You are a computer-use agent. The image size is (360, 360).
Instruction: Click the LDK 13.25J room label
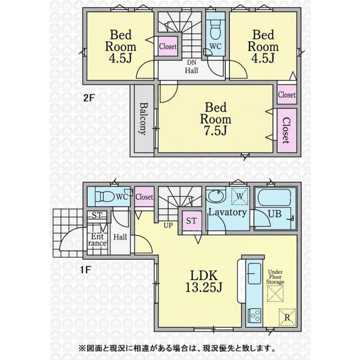(203, 281)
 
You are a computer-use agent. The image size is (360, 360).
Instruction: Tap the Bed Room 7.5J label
(215, 119)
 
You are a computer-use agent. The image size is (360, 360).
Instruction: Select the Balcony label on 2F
(143, 119)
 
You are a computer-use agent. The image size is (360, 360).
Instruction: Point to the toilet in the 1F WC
(105, 197)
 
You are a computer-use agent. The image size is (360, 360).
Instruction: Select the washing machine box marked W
(239, 196)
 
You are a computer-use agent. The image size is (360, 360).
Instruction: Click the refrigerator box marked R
(287, 317)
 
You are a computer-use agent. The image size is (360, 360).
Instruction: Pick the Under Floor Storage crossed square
(275, 293)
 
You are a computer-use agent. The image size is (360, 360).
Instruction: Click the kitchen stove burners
(254, 315)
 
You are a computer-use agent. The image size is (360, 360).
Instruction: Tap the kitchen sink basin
(254, 274)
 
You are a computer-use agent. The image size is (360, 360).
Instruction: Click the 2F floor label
(89, 98)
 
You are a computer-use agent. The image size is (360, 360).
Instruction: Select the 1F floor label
(85, 269)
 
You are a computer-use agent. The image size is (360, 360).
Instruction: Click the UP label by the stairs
(168, 226)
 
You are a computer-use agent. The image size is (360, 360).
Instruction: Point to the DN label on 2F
(191, 62)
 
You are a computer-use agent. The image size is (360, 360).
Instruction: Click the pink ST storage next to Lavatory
(191, 221)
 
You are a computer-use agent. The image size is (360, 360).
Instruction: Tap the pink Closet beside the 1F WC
(144, 197)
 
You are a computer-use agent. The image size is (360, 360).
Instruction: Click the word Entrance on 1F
(98, 239)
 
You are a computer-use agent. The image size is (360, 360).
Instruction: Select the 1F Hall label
(120, 237)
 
